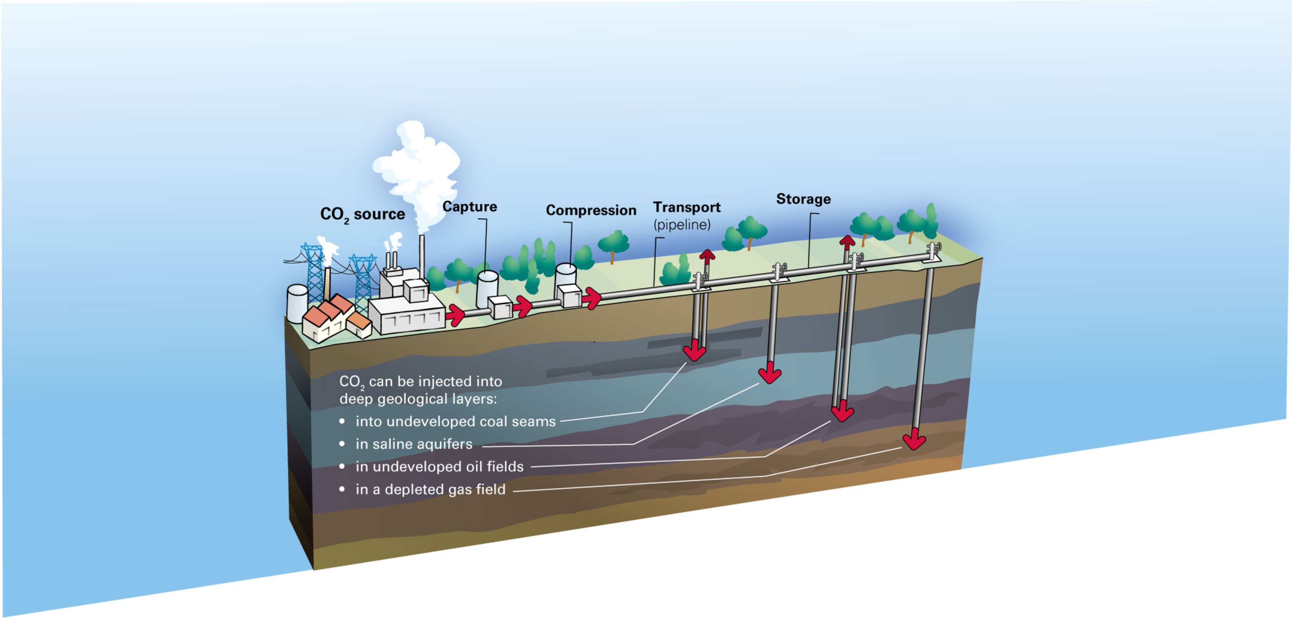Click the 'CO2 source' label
pyautogui.click(x=362, y=214)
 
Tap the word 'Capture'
pyautogui.click(x=469, y=207)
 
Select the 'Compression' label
pyautogui.click(x=591, y=210)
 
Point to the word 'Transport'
pyautogui.click(x=687, y=207)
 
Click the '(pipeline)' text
pyautogui.click(x=682, y=224)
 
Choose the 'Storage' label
pyautogui.click(x=803, y=199)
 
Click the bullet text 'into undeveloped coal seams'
pyautogui.click(x=456, y=421)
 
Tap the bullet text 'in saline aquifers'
pyautogui.click(x=414, y=444)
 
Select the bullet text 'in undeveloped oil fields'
pyautogui.click(x=439, y=467)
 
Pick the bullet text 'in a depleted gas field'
pyautogui.click(x=430, y=489)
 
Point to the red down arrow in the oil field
pyautogui.click(x=842, y=412)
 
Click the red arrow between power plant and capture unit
pyautogui.click(x=456, y=315)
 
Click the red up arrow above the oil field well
pyautogui.click(x=847, y=243)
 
